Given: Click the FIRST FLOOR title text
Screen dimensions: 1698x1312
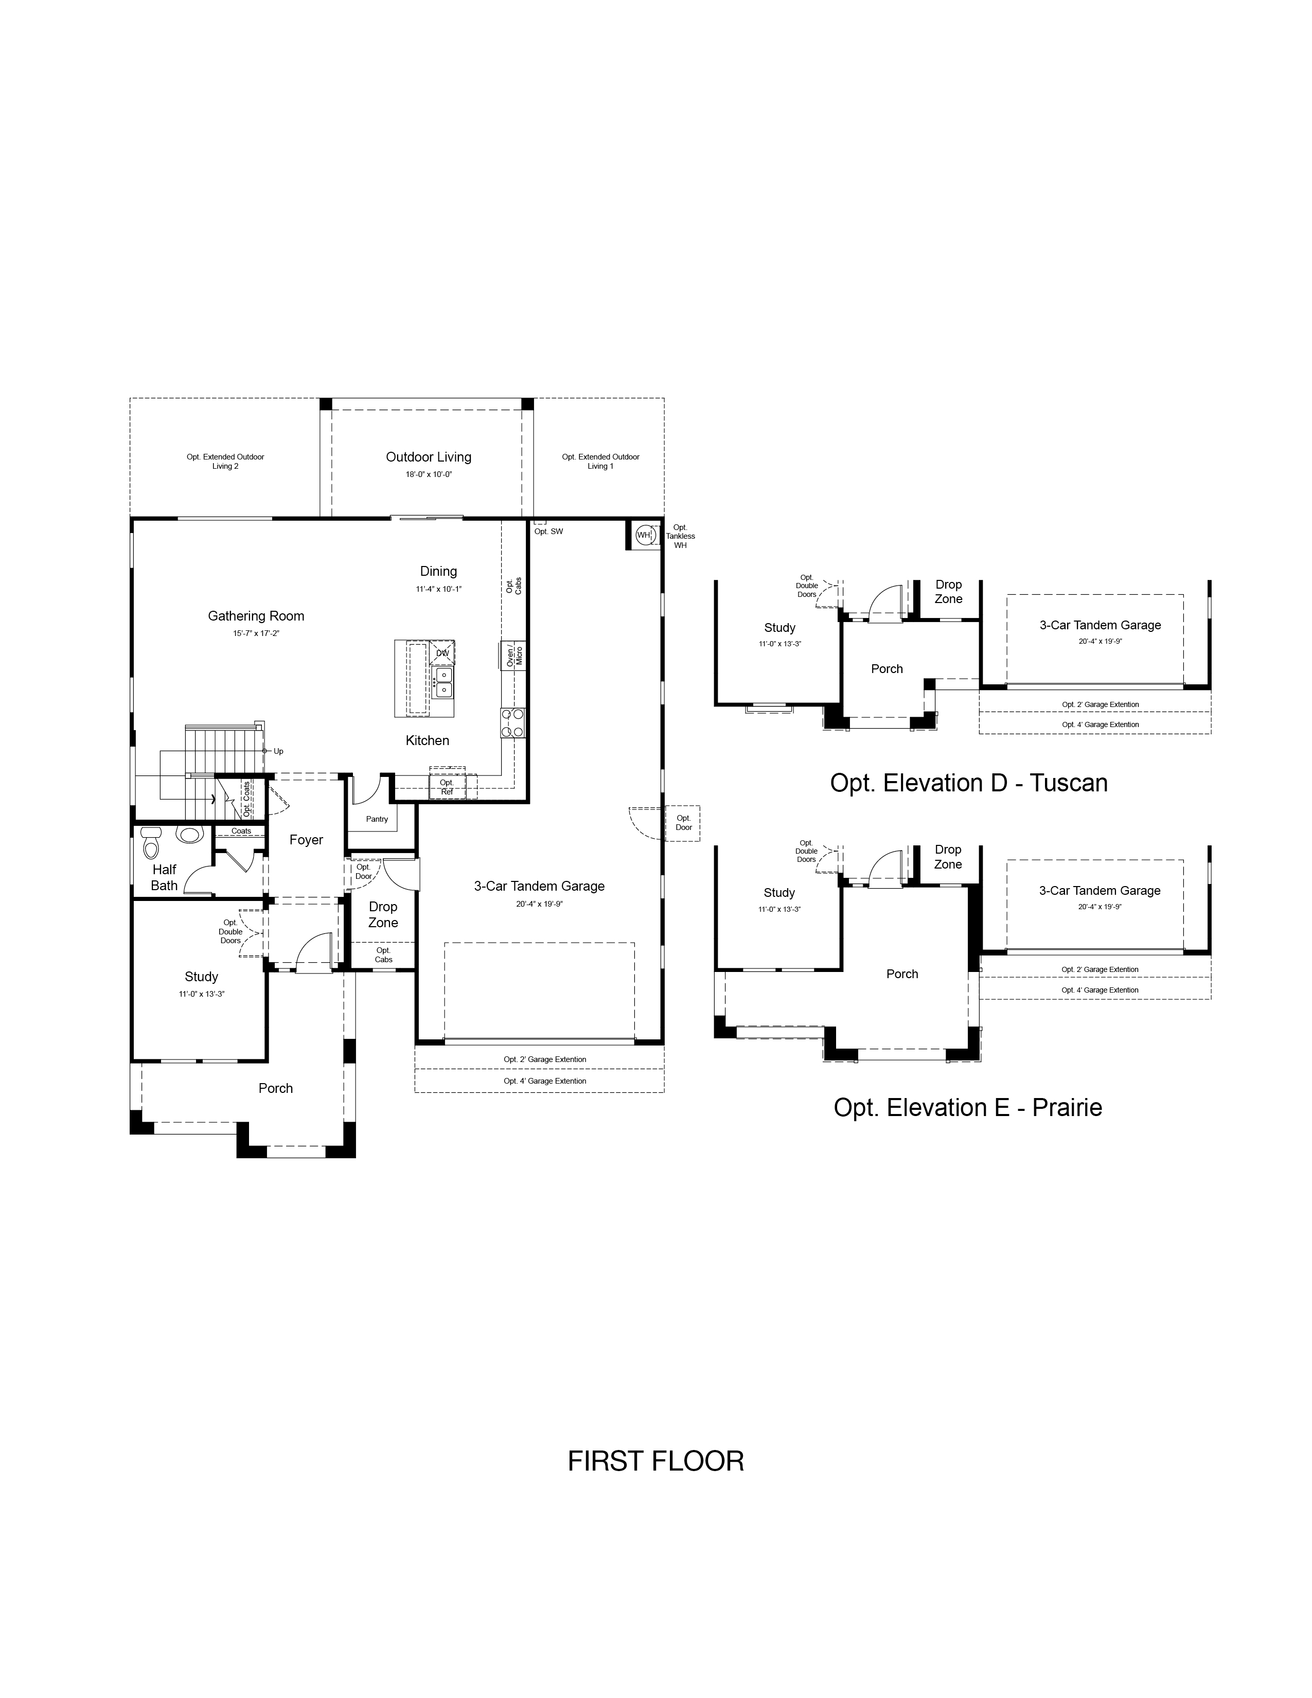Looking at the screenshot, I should pos(655,1461).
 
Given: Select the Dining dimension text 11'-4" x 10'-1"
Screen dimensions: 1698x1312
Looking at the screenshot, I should pos(438,589).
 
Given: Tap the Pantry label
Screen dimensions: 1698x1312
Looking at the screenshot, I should pos(377,819).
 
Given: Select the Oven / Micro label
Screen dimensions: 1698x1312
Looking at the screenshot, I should pos(514,656).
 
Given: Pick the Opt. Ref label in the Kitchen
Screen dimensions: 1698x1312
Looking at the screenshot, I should pos(447,787).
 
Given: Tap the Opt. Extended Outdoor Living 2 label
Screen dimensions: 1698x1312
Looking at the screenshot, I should pos(225,461).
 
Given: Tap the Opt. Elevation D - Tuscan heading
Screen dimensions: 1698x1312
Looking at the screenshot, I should pos(968,782).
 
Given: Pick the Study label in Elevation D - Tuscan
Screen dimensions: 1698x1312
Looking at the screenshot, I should pos(779,627).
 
